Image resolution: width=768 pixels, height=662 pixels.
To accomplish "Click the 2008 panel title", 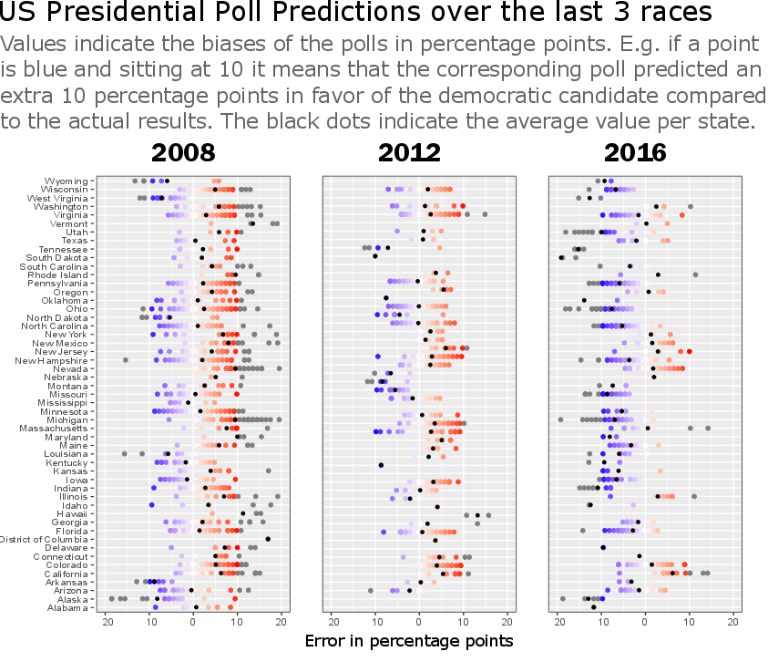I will click(x=183, y=152).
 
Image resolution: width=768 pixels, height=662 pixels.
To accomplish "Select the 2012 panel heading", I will click(x=410, y=152).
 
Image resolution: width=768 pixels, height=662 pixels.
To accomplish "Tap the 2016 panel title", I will click(x=635, y=152).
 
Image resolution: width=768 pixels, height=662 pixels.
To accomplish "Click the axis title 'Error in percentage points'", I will click(x=409, y=640).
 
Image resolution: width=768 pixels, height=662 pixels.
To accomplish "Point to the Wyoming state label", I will click(x=67, y=181).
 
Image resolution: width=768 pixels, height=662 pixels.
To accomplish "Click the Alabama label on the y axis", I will click(x=67, y=607).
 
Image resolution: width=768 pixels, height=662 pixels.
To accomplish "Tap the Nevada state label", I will click(x=70, y=368).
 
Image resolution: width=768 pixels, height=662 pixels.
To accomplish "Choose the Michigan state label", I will click(x=67, y=419).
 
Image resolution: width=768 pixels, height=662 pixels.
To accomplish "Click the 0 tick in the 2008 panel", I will click(x=193, y=622).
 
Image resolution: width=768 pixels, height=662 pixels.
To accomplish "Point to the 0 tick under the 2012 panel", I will click(x=419, y=622).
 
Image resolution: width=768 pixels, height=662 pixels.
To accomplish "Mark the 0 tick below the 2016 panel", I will click(x=645, y=622).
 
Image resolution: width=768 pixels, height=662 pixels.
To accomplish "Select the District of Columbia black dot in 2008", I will click(x=268, y=539).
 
